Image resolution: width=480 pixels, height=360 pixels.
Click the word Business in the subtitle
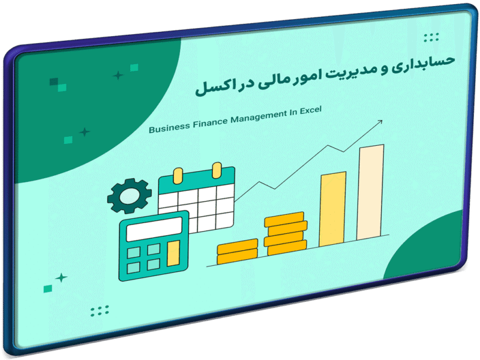click(169, 128)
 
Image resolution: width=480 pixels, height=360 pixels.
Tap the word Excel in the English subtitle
click(310, 110)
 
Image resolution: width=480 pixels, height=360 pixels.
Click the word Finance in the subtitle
click(211, 123)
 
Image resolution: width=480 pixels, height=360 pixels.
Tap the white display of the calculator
click(155, 229)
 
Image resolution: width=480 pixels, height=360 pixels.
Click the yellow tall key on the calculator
click(173, 253)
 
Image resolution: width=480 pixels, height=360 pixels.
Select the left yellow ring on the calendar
click(178, 176)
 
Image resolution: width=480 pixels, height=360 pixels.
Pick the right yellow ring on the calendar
click(217, 170)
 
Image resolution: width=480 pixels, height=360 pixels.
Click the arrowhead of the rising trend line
click(380, 122)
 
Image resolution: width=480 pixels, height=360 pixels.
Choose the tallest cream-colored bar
click(370, 192)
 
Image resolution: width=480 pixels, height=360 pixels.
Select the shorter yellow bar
click(332, 209)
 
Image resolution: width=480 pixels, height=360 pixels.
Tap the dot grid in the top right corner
click(431, 37)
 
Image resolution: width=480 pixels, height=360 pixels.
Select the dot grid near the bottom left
click(100, 311)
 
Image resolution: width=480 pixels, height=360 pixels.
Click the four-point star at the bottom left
click(61, 278)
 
